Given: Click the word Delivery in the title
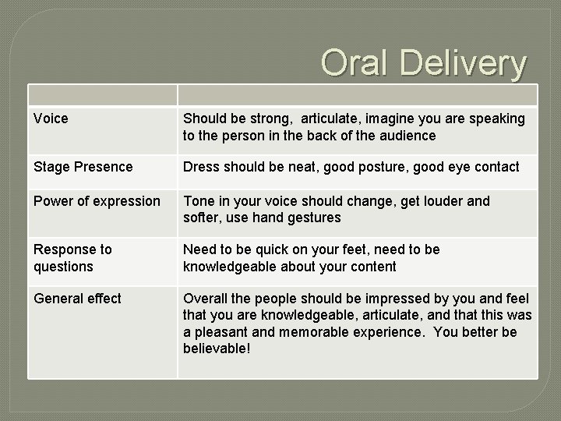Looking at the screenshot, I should tap(463, 62).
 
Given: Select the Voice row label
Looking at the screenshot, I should tap(51, 119).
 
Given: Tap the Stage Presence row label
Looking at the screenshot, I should tap(83, 167).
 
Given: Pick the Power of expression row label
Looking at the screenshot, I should tap(97, 201).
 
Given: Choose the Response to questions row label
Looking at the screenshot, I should tap(72, 258).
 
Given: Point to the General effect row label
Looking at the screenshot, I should tap(77, 299).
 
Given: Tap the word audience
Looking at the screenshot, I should tap(407, 136).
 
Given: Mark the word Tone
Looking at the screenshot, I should tap(199, 201).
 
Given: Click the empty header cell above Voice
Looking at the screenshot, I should tap(102, 95).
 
